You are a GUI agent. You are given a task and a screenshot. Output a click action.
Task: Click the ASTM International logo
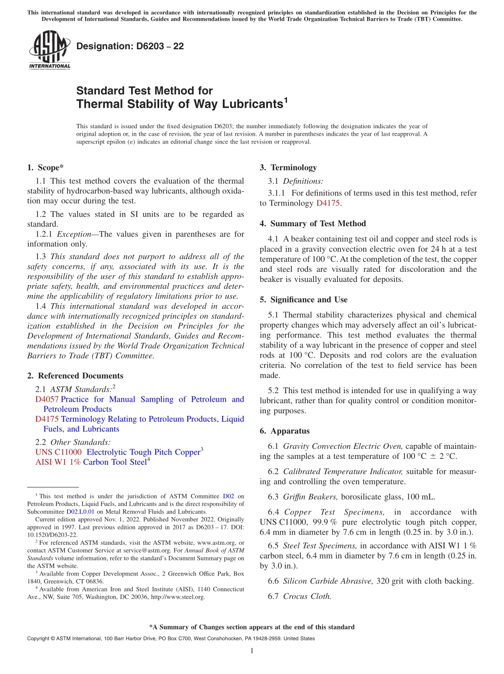[49, 50]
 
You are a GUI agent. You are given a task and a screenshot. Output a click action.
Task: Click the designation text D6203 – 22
[130, 47]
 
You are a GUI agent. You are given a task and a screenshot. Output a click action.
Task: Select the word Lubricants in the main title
[246, 104]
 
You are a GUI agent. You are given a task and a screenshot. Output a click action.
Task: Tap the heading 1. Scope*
[44, 168]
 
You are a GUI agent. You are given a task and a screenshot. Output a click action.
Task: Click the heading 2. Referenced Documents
[67, 376]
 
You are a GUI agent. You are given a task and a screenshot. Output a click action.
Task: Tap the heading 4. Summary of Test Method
[312, 224]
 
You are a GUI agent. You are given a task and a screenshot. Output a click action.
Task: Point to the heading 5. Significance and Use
[303, 300]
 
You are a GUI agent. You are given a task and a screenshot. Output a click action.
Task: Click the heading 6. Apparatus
[284, 431]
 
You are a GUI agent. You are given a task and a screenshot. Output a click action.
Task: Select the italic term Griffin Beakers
[310, 497]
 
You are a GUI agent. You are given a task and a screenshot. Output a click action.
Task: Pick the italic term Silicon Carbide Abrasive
[328, 581]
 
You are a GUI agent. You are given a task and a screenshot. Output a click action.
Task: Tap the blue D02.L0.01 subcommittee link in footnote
[80, 512]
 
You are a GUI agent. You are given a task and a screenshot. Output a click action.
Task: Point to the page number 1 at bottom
[251, 651]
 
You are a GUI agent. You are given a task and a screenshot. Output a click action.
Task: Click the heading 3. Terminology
[288, 168]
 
